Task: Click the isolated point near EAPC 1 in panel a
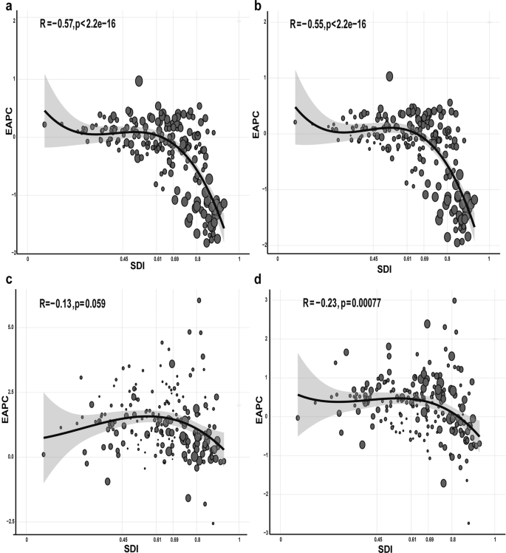[x=139, y=81]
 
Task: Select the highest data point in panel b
[x=389, y=76]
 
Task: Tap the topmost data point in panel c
[x=199, y=300]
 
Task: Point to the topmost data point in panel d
[x=454, y=300]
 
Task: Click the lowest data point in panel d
[x=469, y=523]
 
